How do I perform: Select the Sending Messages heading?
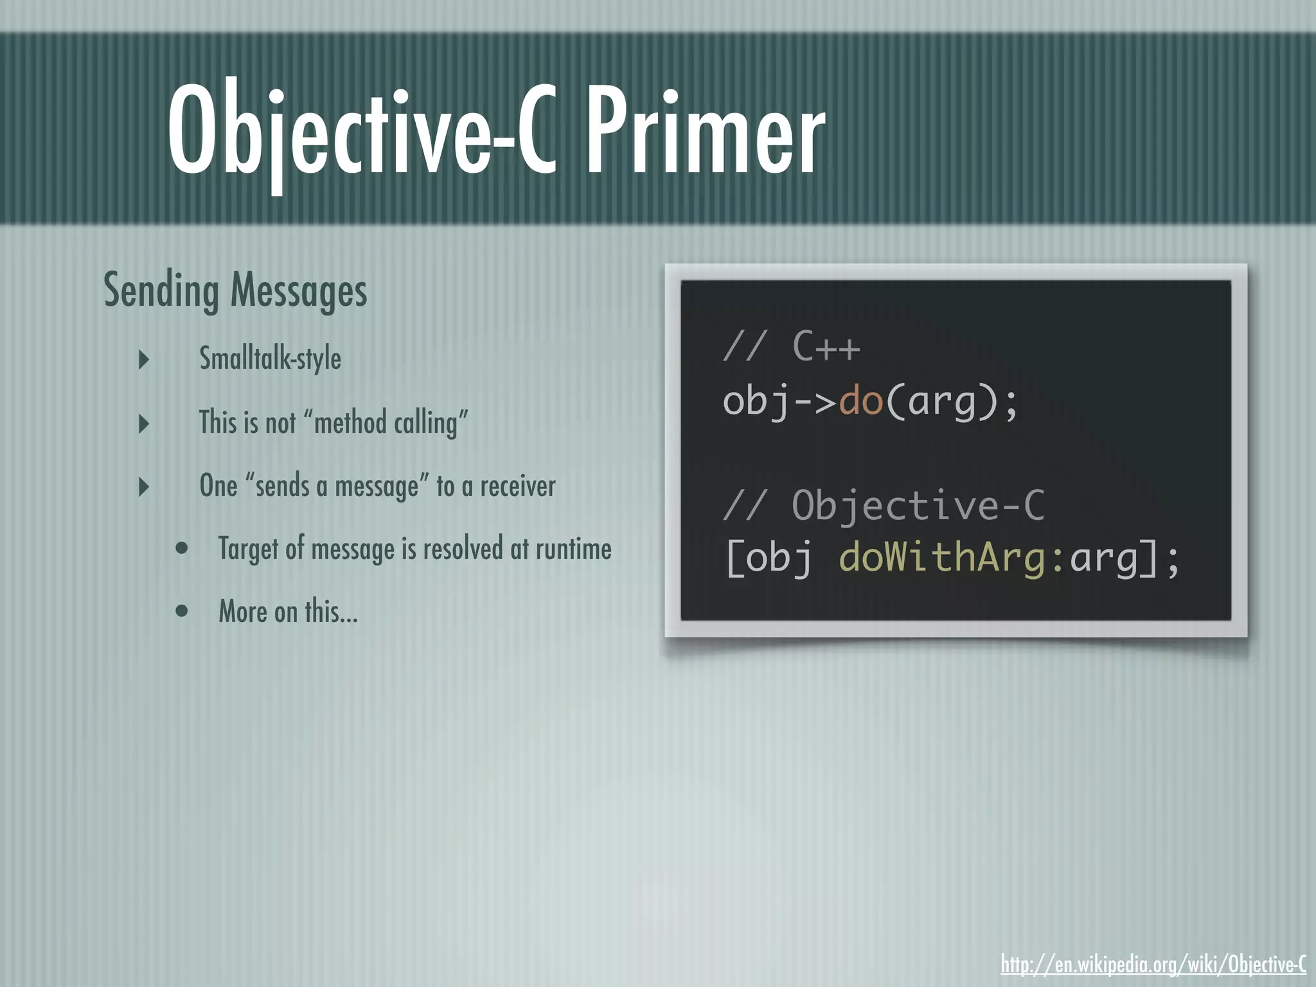click(x=235, y=290)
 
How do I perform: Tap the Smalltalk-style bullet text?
click(x=270, y=359)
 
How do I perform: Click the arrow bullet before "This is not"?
click(x=144, y=423)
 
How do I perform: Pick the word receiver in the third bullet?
click(x=518, y=486)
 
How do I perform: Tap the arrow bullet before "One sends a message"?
click(x=144, y=486)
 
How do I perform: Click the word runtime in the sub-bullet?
click(x=573, y=549)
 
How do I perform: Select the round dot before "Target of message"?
click(x=182, y=549)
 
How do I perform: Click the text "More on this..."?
click(x=288, y=611)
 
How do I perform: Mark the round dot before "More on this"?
click(x=182, y=611)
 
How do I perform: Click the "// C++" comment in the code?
click(x=791, y=347)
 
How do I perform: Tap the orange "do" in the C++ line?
click(x=861, y=401)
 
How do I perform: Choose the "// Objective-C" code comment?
click(x=884, y=505)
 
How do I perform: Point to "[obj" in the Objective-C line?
click(x=769, y=558)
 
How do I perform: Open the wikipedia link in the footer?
click(x=1153, y=964)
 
